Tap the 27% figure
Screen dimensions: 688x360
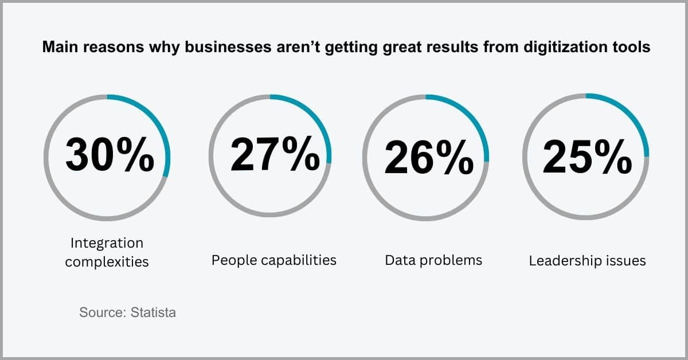coord(275,154)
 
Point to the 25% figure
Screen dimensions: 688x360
coord(588,156)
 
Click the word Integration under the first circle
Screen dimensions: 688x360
coord(107,244)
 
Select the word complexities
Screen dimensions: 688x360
coord(107,262)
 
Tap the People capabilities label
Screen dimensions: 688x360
coord(274,260)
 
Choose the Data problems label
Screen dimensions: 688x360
coord(433,260)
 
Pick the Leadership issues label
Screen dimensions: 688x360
coord(587,261)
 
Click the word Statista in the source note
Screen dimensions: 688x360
coord(153,312)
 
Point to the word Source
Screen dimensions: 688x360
coord(103,312)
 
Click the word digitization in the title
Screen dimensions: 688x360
coord(565,47)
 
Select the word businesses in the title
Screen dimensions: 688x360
coord(228,47)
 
